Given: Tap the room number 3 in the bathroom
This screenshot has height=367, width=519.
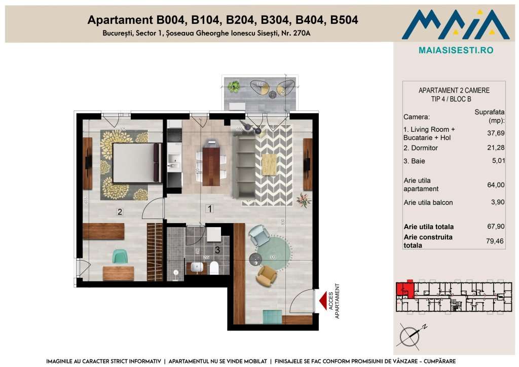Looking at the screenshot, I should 217,249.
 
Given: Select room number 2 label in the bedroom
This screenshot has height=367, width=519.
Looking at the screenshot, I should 120,212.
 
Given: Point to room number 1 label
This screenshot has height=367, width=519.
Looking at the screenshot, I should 209,208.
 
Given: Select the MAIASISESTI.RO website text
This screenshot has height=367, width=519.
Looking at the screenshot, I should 456,50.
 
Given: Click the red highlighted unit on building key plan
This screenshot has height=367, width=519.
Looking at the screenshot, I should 404,289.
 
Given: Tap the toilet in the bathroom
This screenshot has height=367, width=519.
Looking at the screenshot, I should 214,268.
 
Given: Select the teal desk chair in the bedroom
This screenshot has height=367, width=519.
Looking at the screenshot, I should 120,256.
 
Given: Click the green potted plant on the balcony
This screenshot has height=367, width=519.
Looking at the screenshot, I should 234,87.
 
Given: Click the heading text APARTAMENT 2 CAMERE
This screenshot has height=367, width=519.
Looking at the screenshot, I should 454,91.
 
